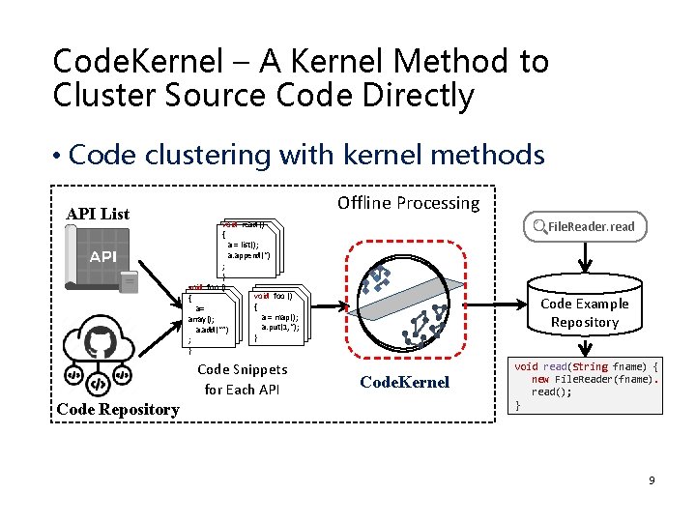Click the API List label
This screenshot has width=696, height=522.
(98, 214)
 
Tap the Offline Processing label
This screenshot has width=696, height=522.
(408, 203)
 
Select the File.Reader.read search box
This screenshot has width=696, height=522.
(584, 227)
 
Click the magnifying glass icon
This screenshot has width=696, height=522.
(539, 227)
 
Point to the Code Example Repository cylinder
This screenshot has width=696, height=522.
(584, 311)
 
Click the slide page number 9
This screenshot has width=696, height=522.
(652, 479)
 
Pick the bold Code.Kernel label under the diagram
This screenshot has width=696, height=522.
(404, 382)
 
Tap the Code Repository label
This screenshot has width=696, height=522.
(118, 409)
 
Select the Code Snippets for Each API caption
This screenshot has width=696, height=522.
(242, 379)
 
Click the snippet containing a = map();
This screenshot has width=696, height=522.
(277, 315)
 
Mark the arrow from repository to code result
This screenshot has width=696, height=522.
(584, 343)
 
